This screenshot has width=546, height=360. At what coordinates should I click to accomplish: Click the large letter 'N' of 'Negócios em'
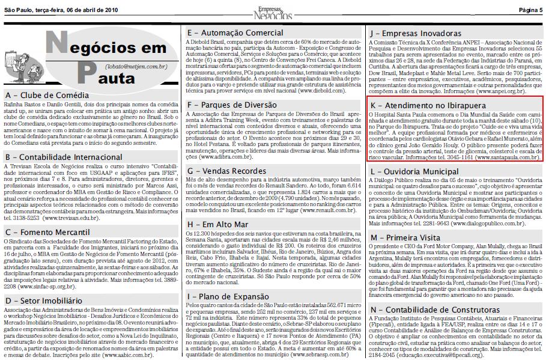(56, 45)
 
